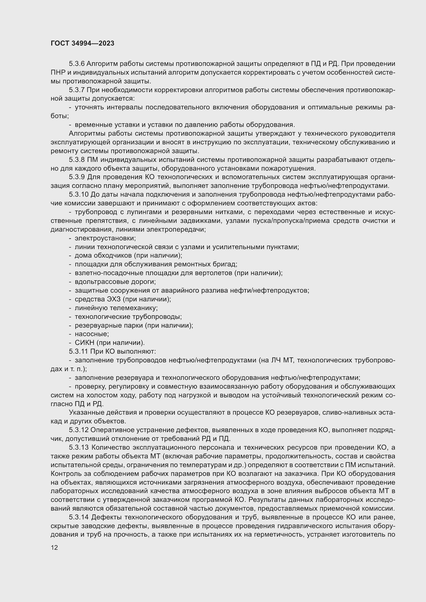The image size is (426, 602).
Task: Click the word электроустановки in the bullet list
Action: click(105, 238)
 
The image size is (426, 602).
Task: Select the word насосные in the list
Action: click(91, 334)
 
